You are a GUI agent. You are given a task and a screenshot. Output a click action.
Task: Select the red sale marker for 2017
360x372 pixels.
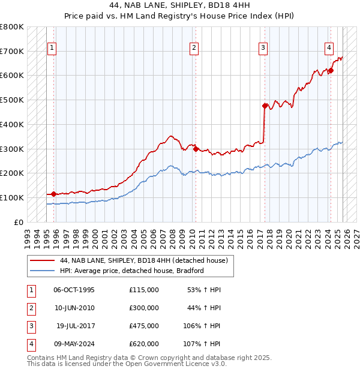coord(265,106)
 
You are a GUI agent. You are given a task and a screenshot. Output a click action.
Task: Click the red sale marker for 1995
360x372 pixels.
coord(53,194)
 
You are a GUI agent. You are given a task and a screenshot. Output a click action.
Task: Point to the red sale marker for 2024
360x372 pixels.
coord(331,70)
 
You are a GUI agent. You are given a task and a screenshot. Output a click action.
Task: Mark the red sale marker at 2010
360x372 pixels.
coord(196,149)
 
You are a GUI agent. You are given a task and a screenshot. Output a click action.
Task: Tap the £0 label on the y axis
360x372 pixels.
coord(18,222)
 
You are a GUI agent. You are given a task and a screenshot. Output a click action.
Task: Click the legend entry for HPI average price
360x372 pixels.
coord(132,271)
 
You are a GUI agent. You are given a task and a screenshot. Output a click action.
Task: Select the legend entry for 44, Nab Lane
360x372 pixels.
coord(143,261)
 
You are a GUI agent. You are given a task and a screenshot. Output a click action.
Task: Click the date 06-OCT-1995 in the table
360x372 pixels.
coord(74,290)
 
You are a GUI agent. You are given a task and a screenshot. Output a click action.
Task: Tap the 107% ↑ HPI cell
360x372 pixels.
coord(202,344)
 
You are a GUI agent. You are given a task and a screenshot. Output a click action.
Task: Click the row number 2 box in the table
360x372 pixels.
coord(31,308)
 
